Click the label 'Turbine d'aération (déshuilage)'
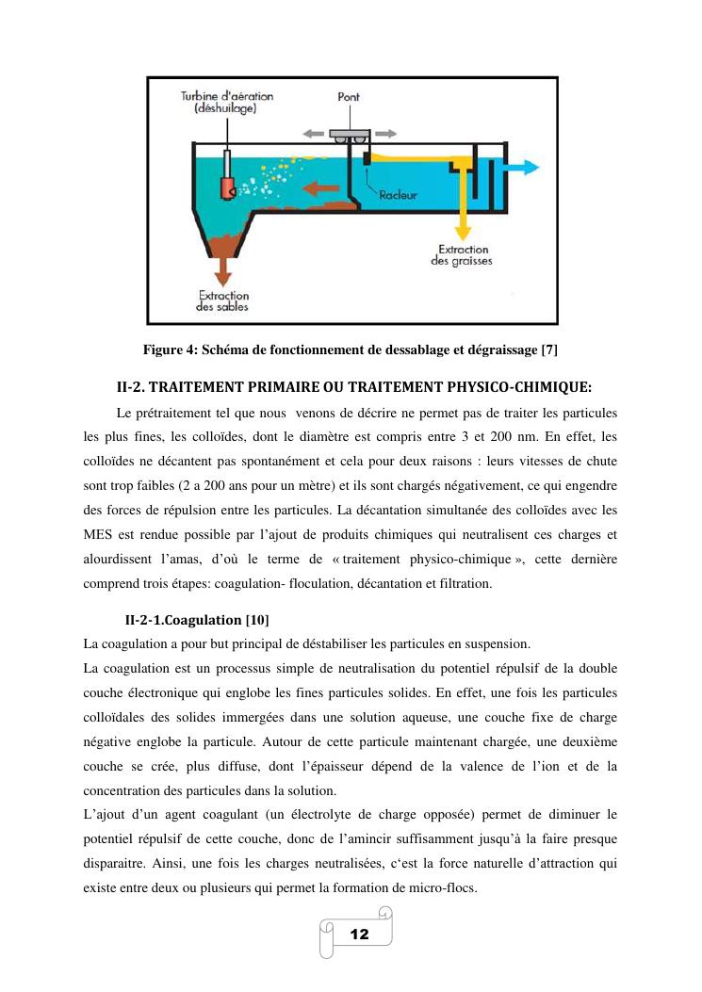click(225, 103)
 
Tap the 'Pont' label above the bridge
click(348, 97)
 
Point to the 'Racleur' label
click(398, 196)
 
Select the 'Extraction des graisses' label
click(463, 254)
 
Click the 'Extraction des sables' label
click(223, 301)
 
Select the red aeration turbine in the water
click(228, 187)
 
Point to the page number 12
click(359, 934)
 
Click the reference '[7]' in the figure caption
click(550, 350)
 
